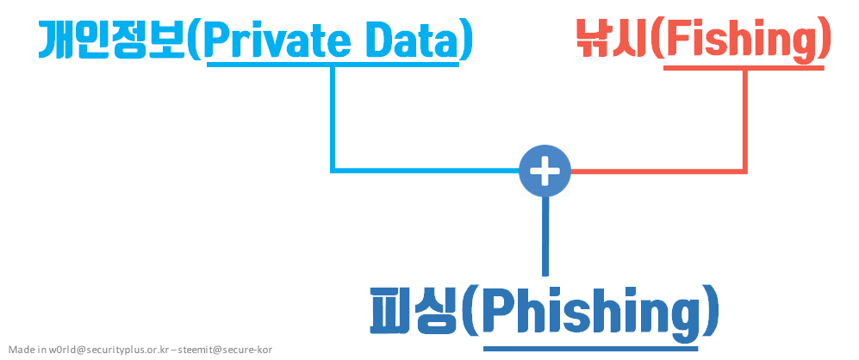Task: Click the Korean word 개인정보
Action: point(111,40)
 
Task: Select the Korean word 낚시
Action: point(613,40)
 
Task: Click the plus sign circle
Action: point(545,171)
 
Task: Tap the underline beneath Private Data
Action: point(332,64)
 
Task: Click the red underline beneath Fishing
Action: point(744,67)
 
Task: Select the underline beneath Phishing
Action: point(590,347)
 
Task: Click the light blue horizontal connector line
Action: point(425,171)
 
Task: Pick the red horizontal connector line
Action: point(658,171)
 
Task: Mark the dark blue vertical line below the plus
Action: point(545,236)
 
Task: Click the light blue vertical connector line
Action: point(333,118)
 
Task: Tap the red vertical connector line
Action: point(745,121)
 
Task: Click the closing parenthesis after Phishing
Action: point(708,311)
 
